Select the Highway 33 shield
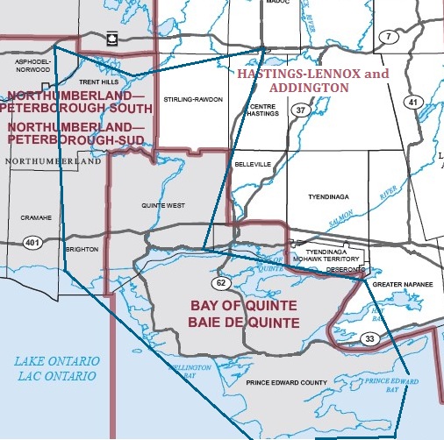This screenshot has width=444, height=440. (x=370, y=338)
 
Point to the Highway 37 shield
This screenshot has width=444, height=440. (x=300, y=110)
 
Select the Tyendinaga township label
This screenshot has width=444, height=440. (x=329, y=198)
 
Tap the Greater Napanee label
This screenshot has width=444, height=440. (x=403, y=285)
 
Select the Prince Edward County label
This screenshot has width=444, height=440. (x=287, y=382)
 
